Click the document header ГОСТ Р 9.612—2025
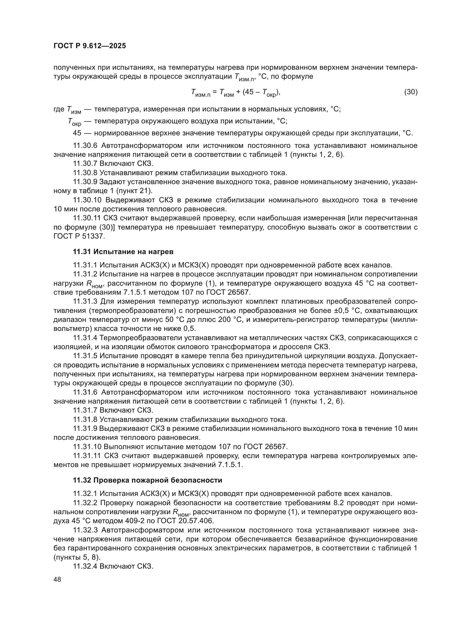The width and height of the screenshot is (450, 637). (90, 46)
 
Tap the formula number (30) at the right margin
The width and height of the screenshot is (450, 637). (411, 92)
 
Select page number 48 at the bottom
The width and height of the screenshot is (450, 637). (57, 579)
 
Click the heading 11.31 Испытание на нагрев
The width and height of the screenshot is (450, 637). (123, 252)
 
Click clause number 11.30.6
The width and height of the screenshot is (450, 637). (85, 146)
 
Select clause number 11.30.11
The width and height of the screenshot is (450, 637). (87, 218)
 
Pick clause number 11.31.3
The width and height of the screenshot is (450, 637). (85, 301)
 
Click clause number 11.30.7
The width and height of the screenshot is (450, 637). (85, 164)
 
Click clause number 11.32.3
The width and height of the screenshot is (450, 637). (85, 530)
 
